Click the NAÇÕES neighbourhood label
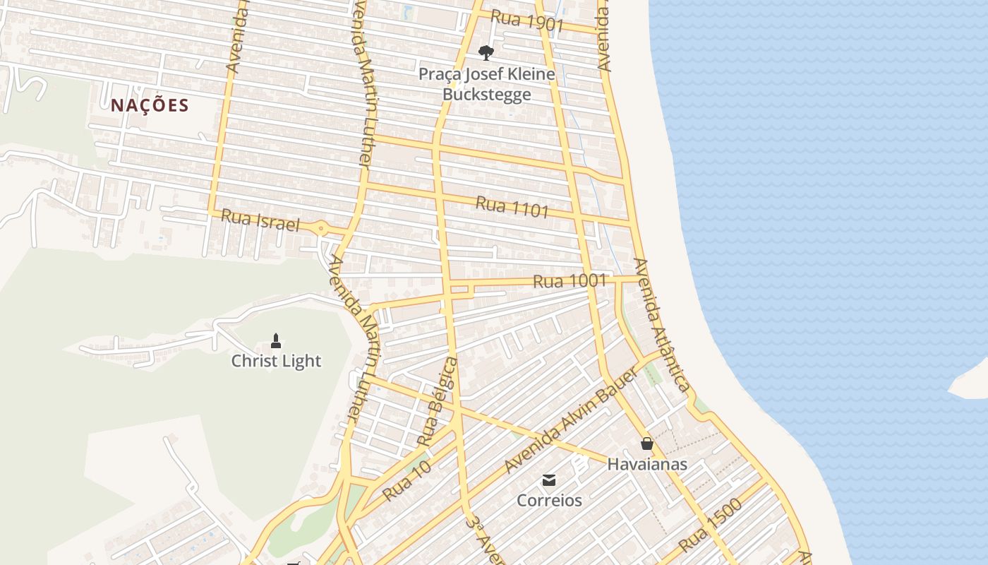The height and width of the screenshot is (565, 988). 150,106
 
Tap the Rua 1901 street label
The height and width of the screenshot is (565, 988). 526,22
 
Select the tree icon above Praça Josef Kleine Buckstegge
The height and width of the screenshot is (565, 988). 486,52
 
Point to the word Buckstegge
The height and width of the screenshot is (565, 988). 486,94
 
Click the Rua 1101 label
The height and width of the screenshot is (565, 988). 512,207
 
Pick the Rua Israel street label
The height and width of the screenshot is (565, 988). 260,220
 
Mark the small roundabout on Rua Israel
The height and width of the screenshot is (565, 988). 322,228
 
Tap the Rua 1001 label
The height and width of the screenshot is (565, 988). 570,281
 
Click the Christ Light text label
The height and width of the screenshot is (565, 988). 276,361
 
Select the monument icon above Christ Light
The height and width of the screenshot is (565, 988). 276,341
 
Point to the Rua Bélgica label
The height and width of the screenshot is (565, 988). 437,401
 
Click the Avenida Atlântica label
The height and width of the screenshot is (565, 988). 661,325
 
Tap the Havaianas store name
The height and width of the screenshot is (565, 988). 647,464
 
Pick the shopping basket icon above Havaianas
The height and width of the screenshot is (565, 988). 647,444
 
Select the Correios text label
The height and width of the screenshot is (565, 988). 549,500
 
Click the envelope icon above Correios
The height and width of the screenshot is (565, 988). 549,481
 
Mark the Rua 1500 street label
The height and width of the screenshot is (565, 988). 711,525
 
